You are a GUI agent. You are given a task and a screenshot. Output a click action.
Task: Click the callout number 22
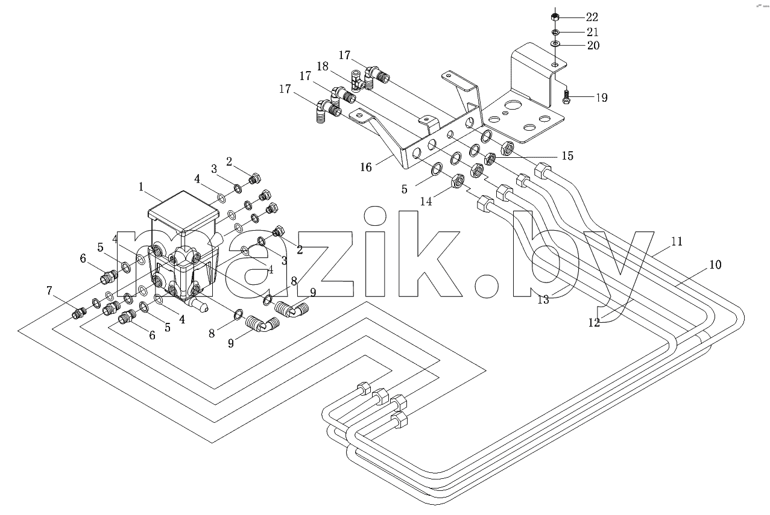coord(592,17)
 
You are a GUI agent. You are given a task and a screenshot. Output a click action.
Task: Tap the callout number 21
coord(592,32)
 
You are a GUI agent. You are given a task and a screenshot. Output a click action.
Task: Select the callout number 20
coord(593,45)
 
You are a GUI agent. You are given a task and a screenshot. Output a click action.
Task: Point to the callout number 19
coord(602,98)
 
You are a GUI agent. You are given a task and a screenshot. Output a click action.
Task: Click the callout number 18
coord(323,66)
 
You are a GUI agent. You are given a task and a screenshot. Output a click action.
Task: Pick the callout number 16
coord(366,167)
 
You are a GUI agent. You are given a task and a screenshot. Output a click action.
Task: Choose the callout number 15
coord(567,156)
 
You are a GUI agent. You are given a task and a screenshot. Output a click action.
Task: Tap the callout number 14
coord(426,201)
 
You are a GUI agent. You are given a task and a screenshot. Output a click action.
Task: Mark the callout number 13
coord(543,300)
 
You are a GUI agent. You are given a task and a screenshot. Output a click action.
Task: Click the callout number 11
coord(677,242)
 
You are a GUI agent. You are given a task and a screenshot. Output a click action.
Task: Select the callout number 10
coord(715,264)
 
